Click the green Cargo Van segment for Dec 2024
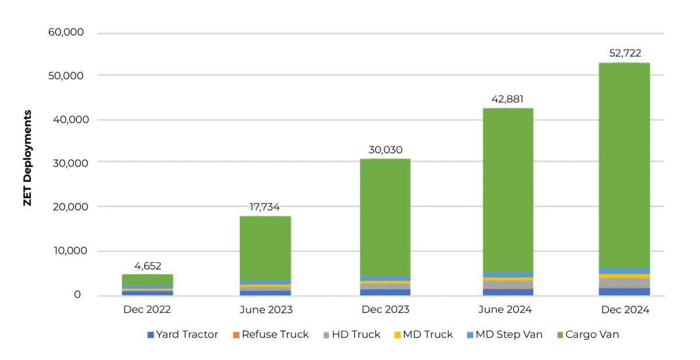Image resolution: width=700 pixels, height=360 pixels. pyautogui.click(x=624, y=163)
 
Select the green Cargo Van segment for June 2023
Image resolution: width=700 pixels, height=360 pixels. pyautogui.click(x=265, y=248)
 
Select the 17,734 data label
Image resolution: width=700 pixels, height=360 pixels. pyautogui.click(x=265, y=208)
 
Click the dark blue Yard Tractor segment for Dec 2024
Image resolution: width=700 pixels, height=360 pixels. pyautogui.click(x=624, y=292)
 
